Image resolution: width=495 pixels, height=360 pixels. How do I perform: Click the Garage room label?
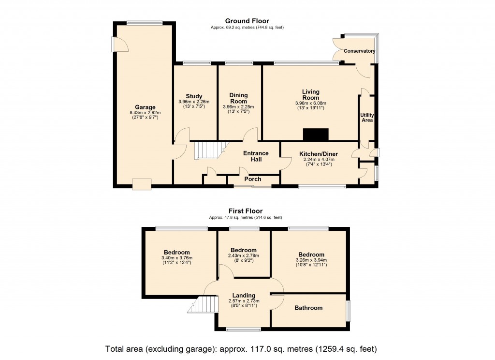pyautogui.click(x=145, y=107)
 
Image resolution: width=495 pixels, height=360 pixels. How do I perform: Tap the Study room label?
pyautogui.click(x=194, y=96)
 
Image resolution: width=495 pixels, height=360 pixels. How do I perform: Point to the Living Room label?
pyautogui.click(x=311, y=94)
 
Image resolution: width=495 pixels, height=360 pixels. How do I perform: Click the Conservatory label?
pyautogui.click(x=359, y=51)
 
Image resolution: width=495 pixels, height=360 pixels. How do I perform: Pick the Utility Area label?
pyautogui.click(x=367, y=117)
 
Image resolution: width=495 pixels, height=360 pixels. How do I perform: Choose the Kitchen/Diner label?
pyautogui.click(x=319, y=153)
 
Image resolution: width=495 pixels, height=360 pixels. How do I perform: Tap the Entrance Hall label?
pyautogui.click(x=256, y=156)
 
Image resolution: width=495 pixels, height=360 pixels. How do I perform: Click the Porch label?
pyautogui.click(x=252, y=179)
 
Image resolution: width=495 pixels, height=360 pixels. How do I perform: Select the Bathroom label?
pyautogui.click(x=308, y=308)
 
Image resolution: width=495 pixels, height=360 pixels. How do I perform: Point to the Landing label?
pyautogui.click(x=244, y=296)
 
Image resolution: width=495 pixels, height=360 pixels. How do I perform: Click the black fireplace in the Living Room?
pyautogui.click(x=316, y=134)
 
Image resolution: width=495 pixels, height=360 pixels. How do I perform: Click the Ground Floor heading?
pyautogui.click(x=247, y=21)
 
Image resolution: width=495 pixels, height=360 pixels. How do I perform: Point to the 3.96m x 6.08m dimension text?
pyautogui.click(x=311, y=103)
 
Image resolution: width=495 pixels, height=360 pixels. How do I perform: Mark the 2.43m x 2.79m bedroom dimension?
pyautogui.click(x=243, y=255)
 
